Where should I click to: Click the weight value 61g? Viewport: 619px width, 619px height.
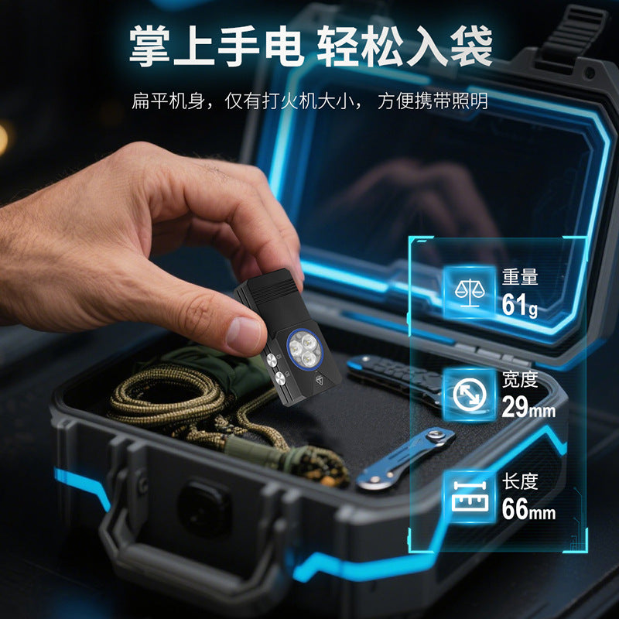pos(519,305)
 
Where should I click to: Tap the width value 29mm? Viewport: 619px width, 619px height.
pos(528,406)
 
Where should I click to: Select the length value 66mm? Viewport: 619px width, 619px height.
pos(528,508)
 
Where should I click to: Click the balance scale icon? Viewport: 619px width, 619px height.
pos(469,292)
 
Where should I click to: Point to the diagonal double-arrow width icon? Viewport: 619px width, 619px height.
pos(469,394)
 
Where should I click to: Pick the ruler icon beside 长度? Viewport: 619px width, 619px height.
pos(469,496)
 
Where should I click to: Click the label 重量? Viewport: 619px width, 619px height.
pos(520,277)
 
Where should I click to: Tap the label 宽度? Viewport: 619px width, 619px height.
pos(520,379)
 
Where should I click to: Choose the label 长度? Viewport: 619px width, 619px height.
pos(520,481)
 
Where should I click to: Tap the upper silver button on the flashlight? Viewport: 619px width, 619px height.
pos(272,360)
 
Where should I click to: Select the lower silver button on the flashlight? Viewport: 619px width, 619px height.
pos(280,378)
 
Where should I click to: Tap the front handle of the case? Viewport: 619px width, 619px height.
pos(190,552)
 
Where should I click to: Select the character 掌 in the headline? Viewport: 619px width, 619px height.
pos(150,46)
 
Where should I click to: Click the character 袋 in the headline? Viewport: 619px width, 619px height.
pos(471,46)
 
